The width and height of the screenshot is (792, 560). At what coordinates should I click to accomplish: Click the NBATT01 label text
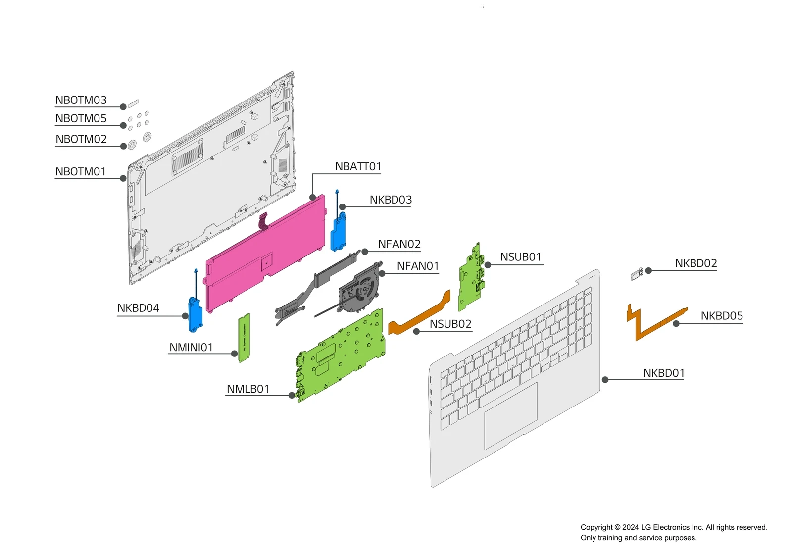[x=358, y=167]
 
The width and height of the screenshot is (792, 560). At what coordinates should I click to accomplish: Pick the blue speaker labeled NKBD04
[x=196, y=315]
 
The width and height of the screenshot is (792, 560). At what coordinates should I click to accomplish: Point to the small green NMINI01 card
[x=244, y=338]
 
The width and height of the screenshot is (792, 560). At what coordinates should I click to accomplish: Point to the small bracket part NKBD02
[x=637, y=274]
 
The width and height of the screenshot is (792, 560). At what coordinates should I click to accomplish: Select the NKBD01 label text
[x=663, y=373]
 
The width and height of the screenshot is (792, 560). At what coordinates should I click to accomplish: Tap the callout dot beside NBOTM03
[x=123, y=107]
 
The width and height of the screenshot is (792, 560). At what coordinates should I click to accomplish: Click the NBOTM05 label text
[x=81, y=119]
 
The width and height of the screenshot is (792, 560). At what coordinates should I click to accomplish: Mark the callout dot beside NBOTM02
[x=123, y=146]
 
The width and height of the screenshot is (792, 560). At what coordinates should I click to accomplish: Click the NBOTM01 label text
[x=81, y=172]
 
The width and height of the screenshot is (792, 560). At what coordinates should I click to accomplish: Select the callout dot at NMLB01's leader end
[x=292, y=395]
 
